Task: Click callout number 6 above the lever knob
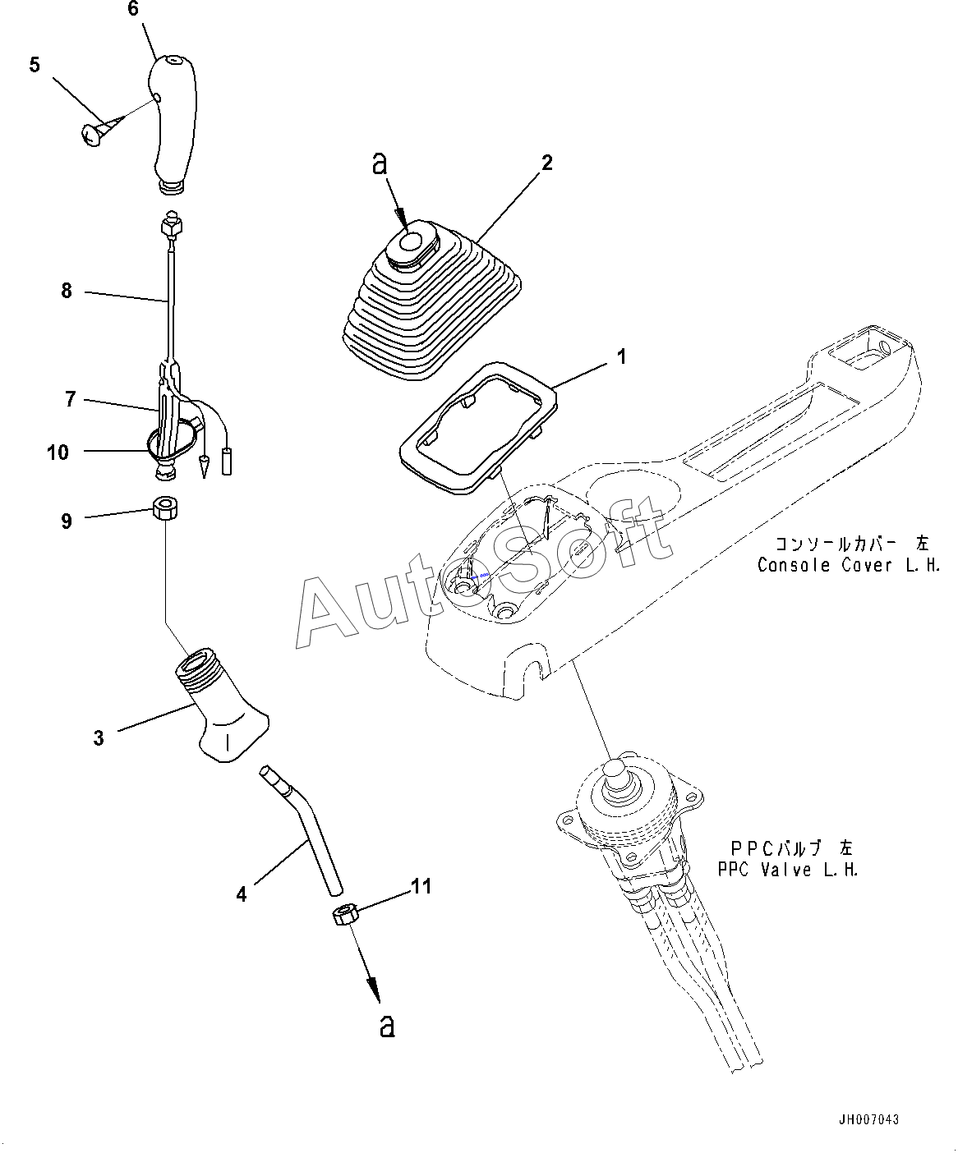click(x=134, y=9)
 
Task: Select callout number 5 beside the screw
click(x=35, y=65)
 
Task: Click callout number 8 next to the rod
click(x=67, y=291)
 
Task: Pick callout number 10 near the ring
click(x=58, y=452)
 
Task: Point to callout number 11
click(x=421, y=886)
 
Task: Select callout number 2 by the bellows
click(x=546, y=162)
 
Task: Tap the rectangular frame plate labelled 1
click(x=477, y=427)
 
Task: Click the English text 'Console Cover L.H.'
click(x=848, y=565)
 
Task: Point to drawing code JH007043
click(x=868, y=1120)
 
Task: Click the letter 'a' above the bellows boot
click(x=379, y=163)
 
